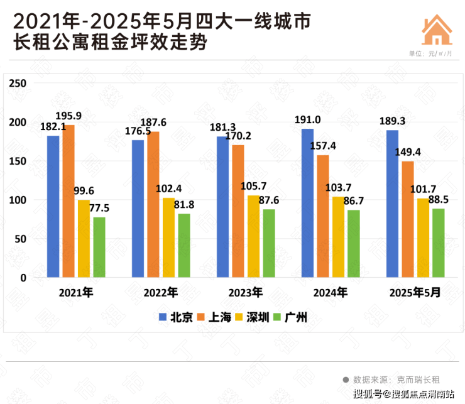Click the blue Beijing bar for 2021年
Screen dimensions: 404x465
tap(53, 206)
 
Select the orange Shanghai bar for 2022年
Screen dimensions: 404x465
tap(153, 204)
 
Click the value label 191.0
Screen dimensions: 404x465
tap(309, 119)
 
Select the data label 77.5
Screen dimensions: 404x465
tap(99, 207)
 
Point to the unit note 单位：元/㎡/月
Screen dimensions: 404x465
tap(430, 54)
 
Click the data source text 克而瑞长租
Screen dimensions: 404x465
tap(418, 379)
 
